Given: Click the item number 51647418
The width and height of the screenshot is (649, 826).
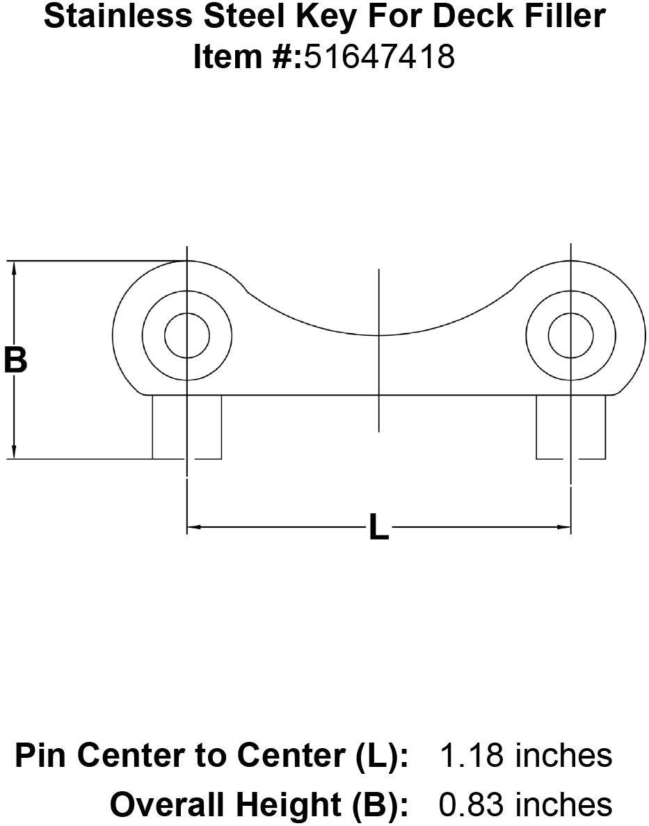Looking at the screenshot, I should [x=378, y=57].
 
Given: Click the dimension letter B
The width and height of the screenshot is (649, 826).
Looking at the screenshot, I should [x=15, y=361].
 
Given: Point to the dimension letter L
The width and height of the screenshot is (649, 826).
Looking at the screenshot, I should [x=378, y=528].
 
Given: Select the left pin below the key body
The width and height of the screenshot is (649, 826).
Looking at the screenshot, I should [x=186, y=427].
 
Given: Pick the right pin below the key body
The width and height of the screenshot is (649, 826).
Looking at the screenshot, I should [x=570, y=427].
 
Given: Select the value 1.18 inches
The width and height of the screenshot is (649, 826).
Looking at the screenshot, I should [x=526, y=756].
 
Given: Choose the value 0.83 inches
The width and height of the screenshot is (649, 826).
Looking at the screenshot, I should [x=526, y=804].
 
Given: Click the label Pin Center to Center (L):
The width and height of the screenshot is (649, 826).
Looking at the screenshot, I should [x=211, y=756].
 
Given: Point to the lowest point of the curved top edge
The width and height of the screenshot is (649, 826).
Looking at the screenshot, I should [x=378, y=335].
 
